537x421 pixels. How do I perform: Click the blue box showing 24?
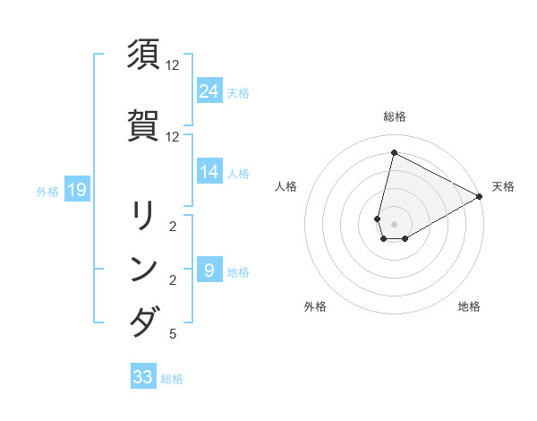(209, 90)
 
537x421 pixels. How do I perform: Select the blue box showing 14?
(209, 172)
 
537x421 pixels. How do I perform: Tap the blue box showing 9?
(209, 271)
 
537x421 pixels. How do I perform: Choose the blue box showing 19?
(76, 189)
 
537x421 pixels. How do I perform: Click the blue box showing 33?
(143, 377)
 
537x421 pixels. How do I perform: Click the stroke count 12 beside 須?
(173, 65)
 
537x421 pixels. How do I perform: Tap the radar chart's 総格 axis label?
(394, 116)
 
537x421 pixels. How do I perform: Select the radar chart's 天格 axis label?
(503, 186)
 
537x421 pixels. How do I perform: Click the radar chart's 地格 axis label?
(469, 306)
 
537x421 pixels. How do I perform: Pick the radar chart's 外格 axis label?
(315, 306)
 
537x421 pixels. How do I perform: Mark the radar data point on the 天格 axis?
(480, 196)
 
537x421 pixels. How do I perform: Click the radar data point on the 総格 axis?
(394, 152)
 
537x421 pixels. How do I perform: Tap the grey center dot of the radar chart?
(394, 224)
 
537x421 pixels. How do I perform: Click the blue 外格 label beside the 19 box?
(47, 190)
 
